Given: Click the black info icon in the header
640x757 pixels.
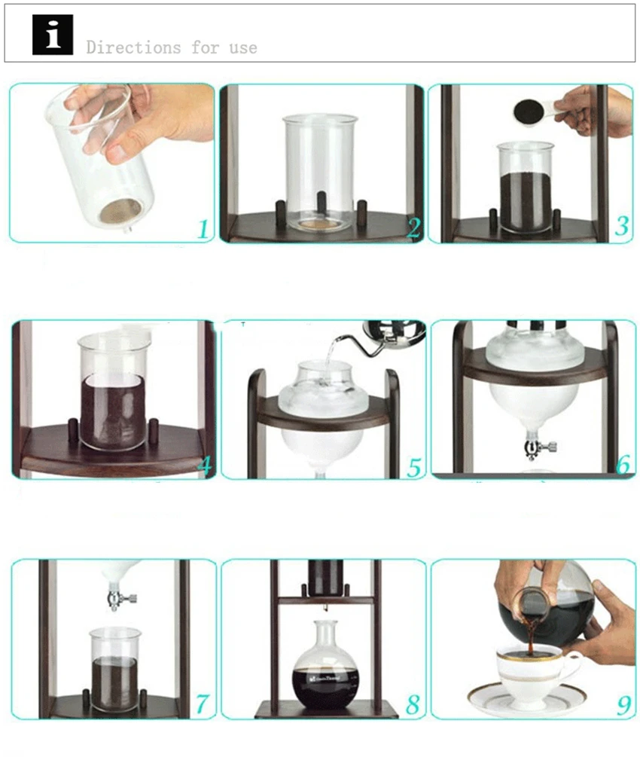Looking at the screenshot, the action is (53, 35).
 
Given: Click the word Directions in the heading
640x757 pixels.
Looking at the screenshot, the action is (134, 47).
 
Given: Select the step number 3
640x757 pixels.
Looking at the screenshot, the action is (622, 226).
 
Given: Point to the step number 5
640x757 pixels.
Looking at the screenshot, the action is (414, 467).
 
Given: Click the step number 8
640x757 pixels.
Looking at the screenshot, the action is (413, 704).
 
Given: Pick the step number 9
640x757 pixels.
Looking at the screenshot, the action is (623, 705).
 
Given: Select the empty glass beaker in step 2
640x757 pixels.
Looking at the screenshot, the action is (321, 172).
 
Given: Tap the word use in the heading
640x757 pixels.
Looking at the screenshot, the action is (243, 47).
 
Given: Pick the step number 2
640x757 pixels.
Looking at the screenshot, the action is (414, 228).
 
